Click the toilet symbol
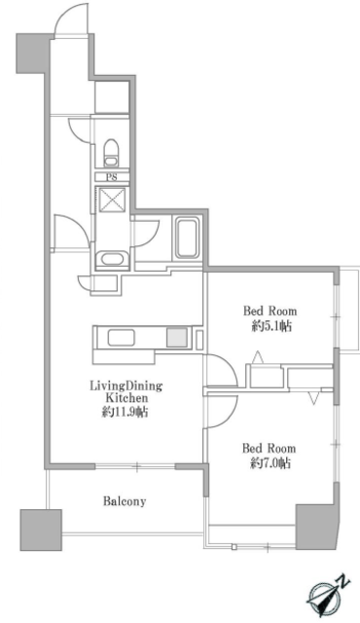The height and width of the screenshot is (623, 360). click(111, 152)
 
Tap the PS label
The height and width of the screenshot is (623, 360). click(112, 177)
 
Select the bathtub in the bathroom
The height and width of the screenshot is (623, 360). click(186, 238)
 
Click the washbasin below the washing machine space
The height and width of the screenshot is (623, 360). click(112, 259)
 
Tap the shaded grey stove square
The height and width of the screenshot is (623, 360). click(176, 338)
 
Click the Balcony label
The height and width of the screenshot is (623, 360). click(125, 501)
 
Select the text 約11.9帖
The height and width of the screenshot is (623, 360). click(126, 412)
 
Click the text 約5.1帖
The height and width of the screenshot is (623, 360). click(271, 326)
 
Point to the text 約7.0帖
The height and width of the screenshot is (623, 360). click(270, 463)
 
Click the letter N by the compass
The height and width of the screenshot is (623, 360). click(344, 583)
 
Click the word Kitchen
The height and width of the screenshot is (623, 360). click(126, 398)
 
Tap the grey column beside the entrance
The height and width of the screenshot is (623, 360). click(32, 54)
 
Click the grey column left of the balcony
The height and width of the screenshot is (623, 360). click(41, 530)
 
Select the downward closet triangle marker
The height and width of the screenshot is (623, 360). click(313, 398)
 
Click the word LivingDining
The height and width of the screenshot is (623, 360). click(126, 385)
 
